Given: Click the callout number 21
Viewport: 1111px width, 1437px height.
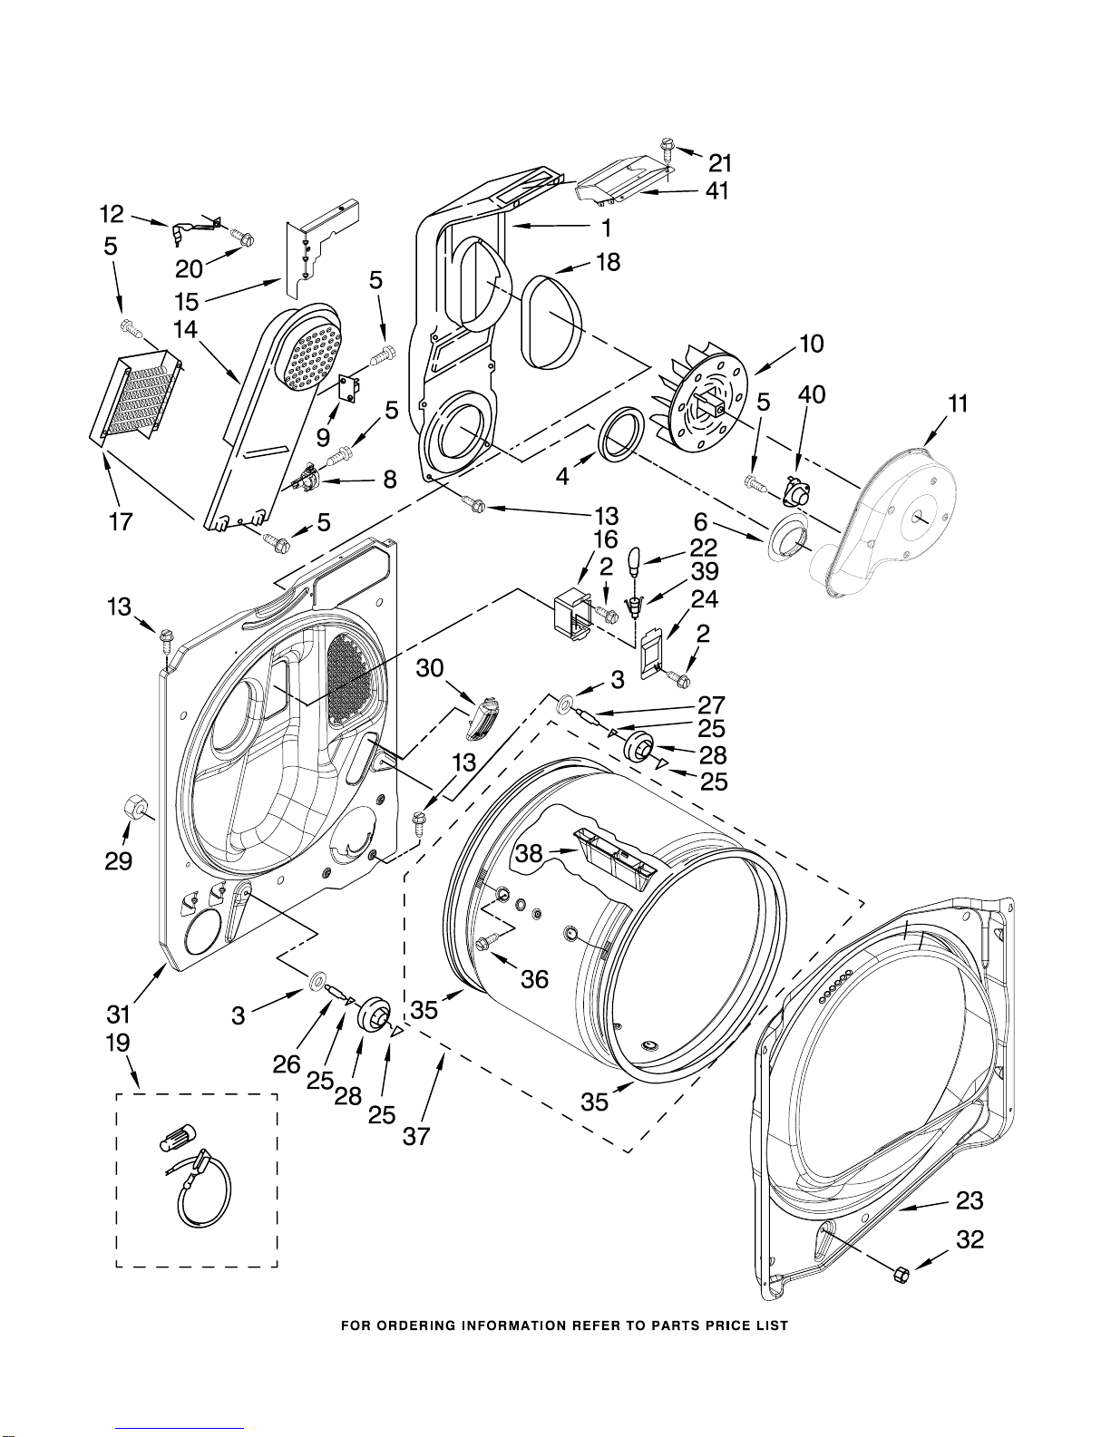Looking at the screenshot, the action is coord(719,162).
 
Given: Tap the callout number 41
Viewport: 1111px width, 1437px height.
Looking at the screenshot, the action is coord(716,191).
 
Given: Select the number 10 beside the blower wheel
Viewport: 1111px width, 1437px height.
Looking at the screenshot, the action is coord(811,344).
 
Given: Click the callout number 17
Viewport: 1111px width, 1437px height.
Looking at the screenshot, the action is coord(121,522).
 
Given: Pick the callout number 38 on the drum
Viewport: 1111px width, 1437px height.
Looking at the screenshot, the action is coord(530,853).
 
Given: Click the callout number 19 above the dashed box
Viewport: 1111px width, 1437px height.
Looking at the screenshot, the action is coord(117,1044).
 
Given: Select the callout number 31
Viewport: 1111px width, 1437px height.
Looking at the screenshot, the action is coord(118,1014).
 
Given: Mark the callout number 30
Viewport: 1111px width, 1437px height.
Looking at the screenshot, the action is coord(430,668).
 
